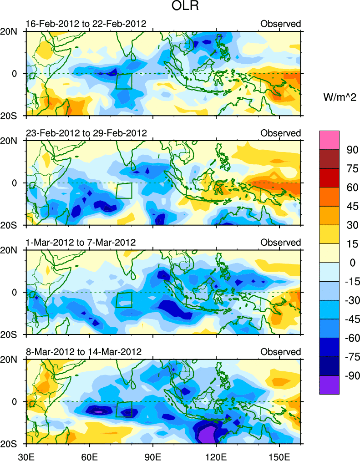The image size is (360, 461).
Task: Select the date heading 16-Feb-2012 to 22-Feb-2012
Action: pyautogui.click(x=86, y=24)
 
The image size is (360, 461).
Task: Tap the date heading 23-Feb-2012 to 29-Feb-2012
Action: pyautogui.click(x=86, y=133)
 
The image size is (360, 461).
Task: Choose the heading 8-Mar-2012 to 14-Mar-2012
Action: pyautogui.click(x=84, y=352)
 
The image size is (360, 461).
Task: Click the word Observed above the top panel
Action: pyautogui.click(x=280, y=24)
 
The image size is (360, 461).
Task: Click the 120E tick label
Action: pyautogui.click(x=216, y=455)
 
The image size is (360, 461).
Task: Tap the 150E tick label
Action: pyautogui.click(x=279, y=455)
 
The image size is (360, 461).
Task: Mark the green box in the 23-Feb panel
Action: pyautogui.click(x=124, y=191)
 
